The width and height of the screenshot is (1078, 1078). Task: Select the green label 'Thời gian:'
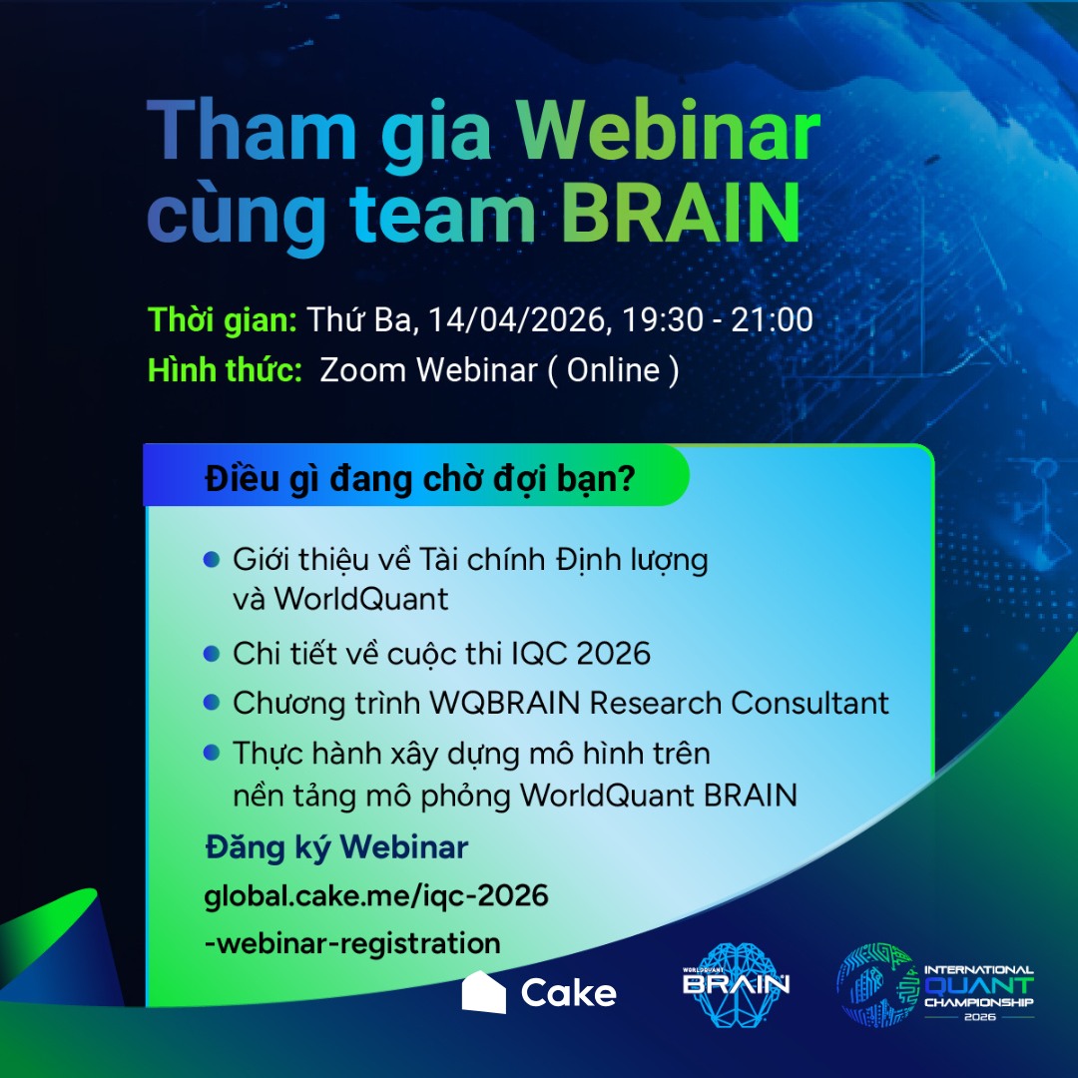tap(222, 320)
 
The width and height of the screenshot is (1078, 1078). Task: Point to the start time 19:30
tap(662, 320)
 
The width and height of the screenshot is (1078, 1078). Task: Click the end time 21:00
tap(772, 320)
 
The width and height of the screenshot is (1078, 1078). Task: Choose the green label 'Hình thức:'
tap(225, 370)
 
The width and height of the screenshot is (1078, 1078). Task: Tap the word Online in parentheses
tap(613, 370)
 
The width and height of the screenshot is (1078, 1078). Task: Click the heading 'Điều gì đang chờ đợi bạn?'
tap(419, 479)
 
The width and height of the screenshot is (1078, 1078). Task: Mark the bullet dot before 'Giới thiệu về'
tap(212, 559)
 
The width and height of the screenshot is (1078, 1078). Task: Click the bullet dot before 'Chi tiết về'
tap(212, 653)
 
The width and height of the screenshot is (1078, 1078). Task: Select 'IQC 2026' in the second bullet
tap(581, 653)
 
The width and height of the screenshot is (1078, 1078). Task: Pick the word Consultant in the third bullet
tap(809, 703)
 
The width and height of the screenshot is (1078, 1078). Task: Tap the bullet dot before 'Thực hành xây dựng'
tap(212, 753)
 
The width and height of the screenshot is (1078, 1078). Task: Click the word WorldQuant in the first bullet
tap(361, 599)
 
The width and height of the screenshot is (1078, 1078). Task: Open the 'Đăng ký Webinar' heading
tap(336, 847)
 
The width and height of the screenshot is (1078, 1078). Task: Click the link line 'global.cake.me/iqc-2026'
tap(376, 896)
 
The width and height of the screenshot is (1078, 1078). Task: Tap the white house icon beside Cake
tap(483, 991)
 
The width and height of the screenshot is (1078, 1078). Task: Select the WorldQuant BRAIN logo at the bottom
tap(736, 984)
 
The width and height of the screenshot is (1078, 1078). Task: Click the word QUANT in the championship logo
tap(979, 985)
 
